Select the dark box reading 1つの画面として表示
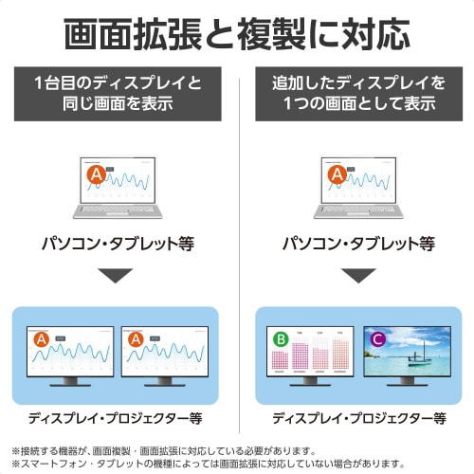[354, 92]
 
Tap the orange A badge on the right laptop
[334, 175]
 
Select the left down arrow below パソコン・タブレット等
[118, 277]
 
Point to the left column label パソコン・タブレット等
[118, 244]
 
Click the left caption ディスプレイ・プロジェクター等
[118, 417]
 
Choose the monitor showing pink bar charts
[309, 353]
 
